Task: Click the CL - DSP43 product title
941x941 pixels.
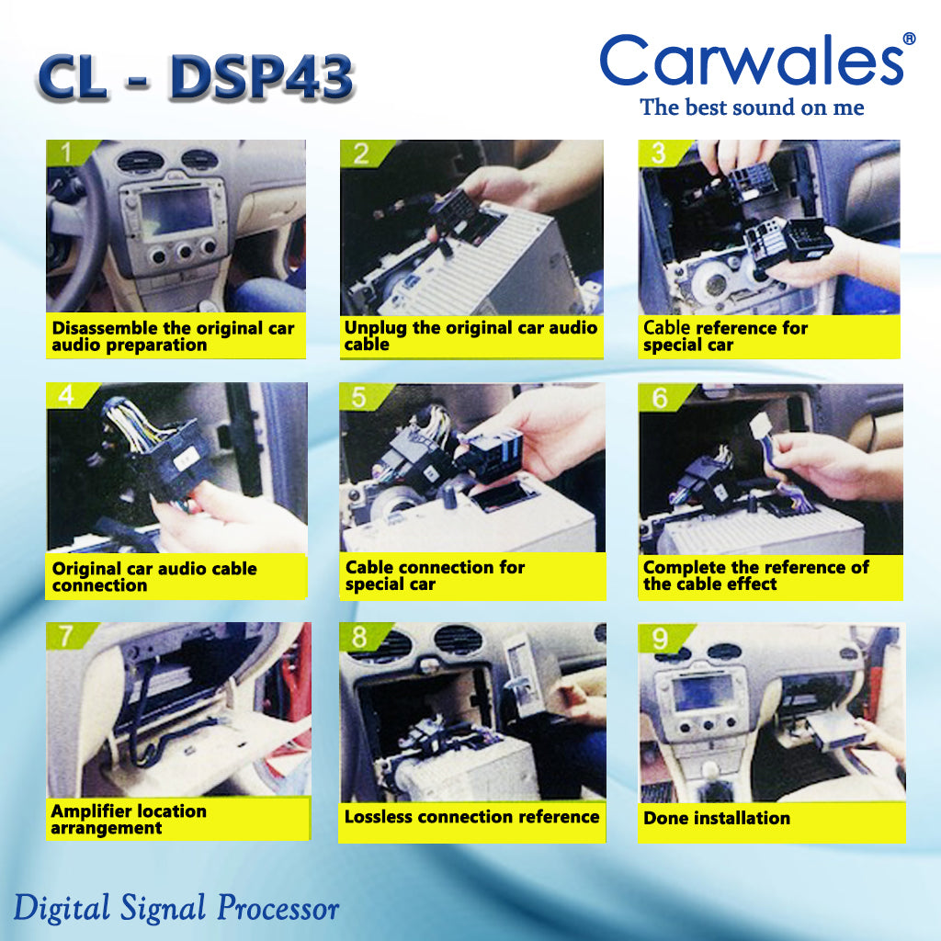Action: click(x=197, y=79)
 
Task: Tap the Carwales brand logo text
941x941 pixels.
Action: click(x=752, y=62)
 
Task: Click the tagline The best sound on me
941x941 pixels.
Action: click(x=752, y=108)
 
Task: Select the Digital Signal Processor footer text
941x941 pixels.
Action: click(x=176, y=909)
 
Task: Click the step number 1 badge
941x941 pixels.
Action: click(x=64, y=152)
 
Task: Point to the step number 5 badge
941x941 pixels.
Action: click(x=359, y=397)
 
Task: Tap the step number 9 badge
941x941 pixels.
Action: click(x=661, y=639)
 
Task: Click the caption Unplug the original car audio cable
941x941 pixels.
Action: click(x=470, y=336)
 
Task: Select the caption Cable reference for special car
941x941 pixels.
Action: click(x=725, y=336)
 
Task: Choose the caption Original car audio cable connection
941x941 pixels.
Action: click(x=154, y=577)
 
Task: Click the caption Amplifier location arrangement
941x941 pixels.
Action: click(x=129, y=820)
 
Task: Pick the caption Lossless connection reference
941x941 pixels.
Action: click(x=471, y=817)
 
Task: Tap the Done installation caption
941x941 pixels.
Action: click(x=717, y=818)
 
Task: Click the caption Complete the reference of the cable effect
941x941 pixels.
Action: click(x=755, y=575)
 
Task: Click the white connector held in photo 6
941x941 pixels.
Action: click(x=763, y=425)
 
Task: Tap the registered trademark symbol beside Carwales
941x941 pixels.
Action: click(x=909, y=40)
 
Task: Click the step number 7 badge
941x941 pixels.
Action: click(x=65, y=635)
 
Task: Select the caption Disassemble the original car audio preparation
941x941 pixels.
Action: click(x=173, y=336)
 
